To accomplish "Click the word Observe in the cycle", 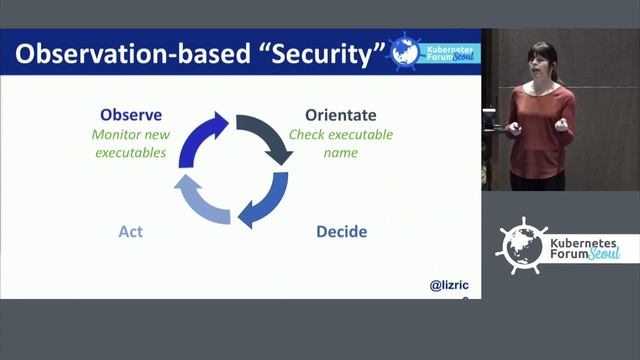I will [131, 115].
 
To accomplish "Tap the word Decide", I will [341, 232].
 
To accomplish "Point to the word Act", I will [130, 232].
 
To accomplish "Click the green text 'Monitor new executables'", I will [130, 144].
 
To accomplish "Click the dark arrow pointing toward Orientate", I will [266, 136].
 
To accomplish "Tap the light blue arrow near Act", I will [201, 199].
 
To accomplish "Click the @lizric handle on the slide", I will [449, 286].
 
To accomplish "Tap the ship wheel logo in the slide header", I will [405, 50].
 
